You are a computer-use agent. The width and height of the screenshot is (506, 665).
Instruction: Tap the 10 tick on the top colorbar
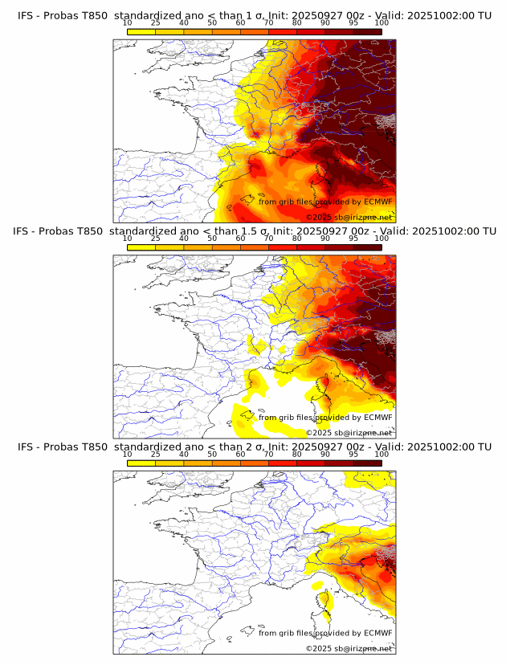128,23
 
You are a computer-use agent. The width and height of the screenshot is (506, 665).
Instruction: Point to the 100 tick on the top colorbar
382,23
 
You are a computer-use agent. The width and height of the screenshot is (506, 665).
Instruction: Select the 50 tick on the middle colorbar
212,239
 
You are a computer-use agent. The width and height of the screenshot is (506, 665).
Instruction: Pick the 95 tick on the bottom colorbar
353,454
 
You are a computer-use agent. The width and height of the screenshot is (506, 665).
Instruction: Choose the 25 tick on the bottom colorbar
156,454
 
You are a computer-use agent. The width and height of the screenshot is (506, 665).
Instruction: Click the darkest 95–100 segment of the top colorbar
368,31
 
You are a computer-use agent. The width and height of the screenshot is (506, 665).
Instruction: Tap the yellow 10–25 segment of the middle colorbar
141,247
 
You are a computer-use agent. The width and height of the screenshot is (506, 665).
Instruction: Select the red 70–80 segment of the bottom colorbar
283,462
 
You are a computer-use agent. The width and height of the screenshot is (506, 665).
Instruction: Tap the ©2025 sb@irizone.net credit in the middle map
349,433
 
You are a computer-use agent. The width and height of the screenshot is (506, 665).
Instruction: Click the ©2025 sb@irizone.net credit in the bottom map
349,648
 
